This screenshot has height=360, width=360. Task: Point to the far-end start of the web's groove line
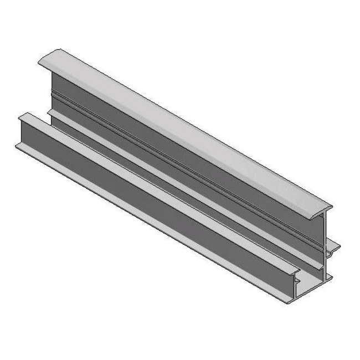tap(52, 94)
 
